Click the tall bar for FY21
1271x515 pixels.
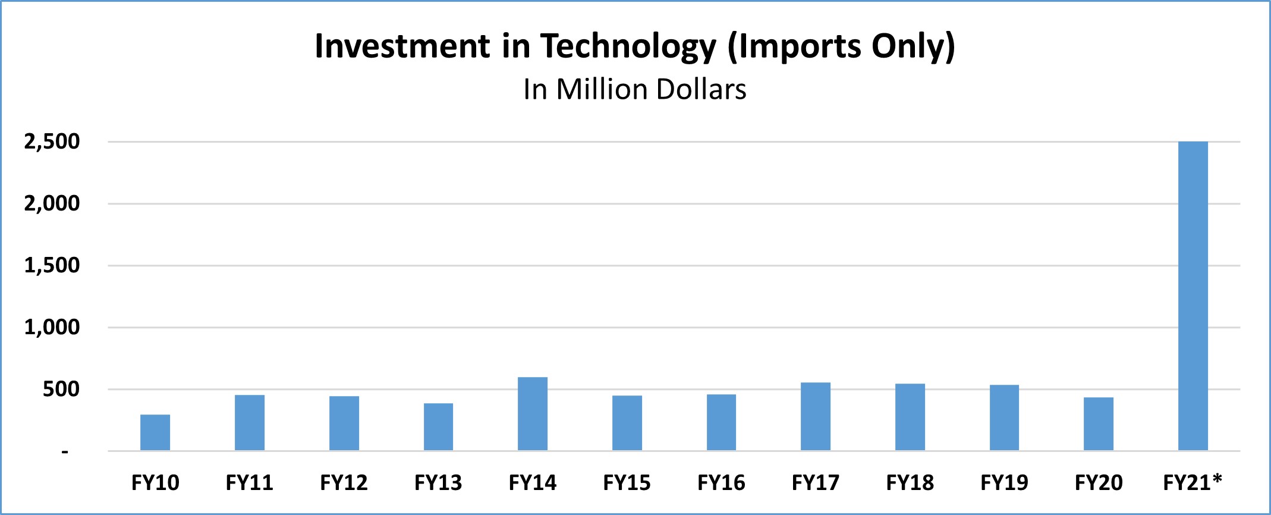coord(1193,296)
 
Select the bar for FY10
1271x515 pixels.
coord(155,432)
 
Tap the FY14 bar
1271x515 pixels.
coord(533,413)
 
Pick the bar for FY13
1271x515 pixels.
coord(438,426)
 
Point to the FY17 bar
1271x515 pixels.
coord(816,416)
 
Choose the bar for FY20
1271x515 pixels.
coord(1099,423)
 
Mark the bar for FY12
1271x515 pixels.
coord(344,423)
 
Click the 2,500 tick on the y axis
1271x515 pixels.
coord(52,142)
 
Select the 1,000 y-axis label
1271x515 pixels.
coord(52,327)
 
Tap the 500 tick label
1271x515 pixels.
coord(61,390)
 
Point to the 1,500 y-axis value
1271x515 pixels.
coord(52,265)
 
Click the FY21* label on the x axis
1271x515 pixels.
coord(1192,482)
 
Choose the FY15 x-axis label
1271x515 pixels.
coord(627,482)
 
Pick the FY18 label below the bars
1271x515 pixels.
coord(910,482)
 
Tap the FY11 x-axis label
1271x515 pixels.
coord(250,482)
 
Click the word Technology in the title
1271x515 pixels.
coord(628,46)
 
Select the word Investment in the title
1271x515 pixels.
coord(402,46)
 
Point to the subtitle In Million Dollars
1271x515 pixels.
coord(634,90)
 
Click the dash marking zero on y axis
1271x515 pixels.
coord(65,453)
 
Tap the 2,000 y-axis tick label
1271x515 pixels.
coord(52,203)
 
